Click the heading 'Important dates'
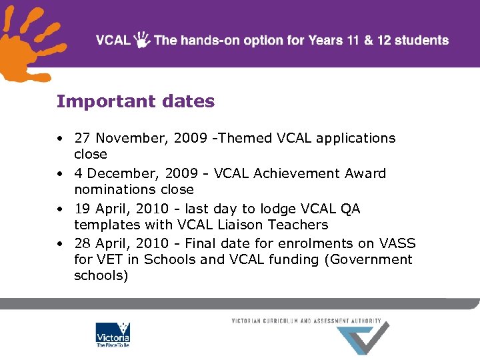(135, 101)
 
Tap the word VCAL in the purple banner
(113, 40)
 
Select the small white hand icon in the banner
(142, 39)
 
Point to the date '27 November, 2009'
(126, 138)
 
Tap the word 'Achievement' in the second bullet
(297, 173)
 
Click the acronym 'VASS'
(397, 243)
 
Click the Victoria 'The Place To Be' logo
(113, 335)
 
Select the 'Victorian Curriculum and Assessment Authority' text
(306, 321)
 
